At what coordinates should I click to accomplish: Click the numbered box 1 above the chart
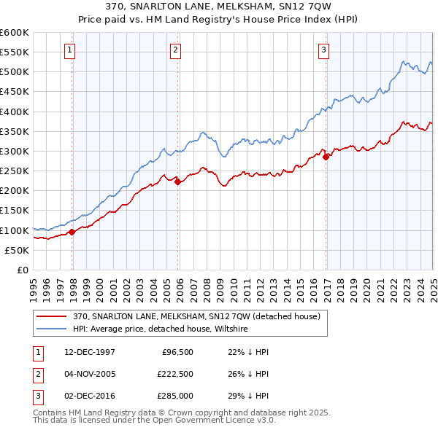coord(69,50)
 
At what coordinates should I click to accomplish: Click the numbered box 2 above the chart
coord(176,50)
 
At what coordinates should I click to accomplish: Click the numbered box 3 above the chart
coord(323,50)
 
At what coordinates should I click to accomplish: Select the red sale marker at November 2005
coord(178,182)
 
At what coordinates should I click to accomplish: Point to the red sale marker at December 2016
coord(326,157)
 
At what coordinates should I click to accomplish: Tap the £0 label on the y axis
coord(23,270)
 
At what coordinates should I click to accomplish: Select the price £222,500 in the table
coord(174,375)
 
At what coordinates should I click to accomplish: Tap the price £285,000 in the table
coord(174,397)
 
